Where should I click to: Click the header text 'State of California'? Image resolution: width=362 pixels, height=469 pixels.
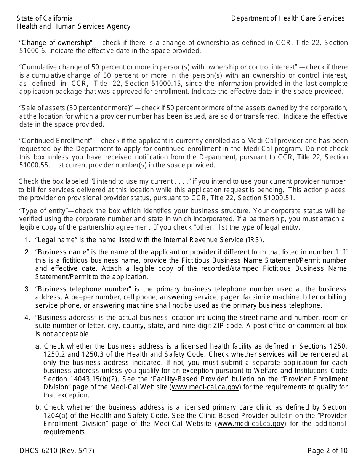tap(45, 18)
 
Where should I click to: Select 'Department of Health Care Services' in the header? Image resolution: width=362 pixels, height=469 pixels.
tap(288, 18)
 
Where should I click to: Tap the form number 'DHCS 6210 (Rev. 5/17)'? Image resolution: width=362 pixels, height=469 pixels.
tap(57, 451)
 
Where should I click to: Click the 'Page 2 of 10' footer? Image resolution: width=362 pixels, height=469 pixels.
tap(327, 451)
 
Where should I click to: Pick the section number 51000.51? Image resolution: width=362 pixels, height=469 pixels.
tap(278, 198)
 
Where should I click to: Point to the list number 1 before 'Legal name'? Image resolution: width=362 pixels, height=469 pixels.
tap(27, 240)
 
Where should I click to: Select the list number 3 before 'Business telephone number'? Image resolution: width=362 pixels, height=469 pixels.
tap(27, 289)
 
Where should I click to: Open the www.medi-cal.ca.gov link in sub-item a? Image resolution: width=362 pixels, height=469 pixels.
tap(206, 387)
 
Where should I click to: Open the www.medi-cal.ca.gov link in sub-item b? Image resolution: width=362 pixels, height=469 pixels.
tap(250, 424)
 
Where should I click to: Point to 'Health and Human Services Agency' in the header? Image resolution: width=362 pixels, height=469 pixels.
tap(74, 26)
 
